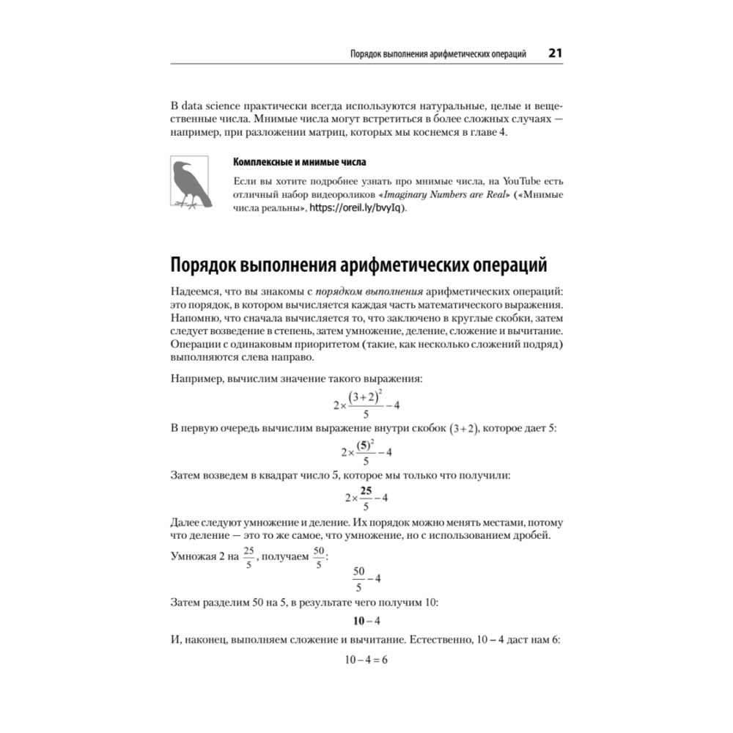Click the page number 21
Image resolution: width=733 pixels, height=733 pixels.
tap(555, 54)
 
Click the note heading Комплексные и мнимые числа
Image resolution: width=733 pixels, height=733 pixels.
tap(298, 162)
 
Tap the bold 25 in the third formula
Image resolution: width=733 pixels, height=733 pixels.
tap(366, 490)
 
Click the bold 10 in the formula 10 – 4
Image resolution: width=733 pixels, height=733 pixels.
tap(359, 621)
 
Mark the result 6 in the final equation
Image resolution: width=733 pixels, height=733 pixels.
tap(383, 660)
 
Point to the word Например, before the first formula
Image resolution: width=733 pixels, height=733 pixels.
tap(196, 379)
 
